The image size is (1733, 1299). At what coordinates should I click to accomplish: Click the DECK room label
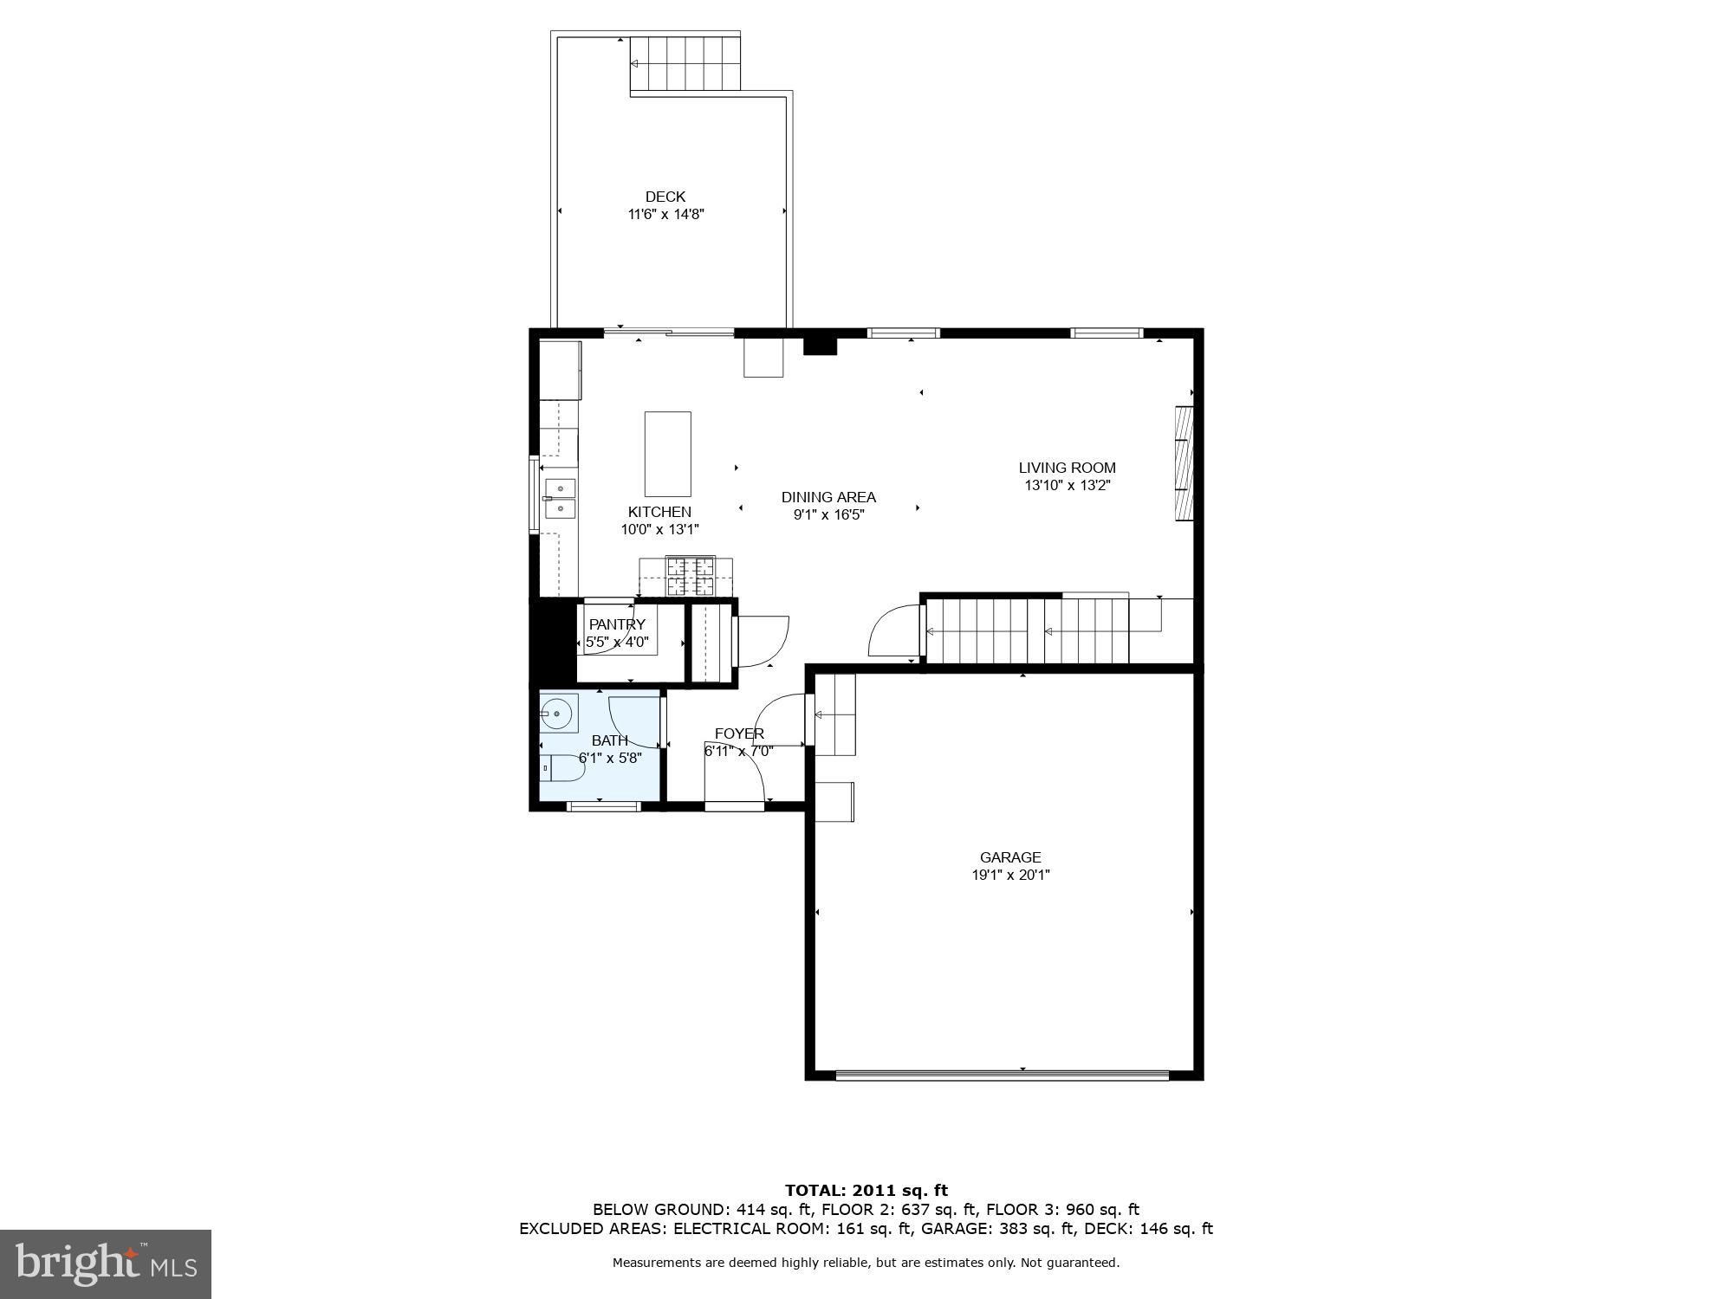[665, 197]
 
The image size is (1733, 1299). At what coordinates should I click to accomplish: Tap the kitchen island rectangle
[667, 454]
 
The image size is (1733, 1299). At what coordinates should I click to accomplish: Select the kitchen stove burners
[691, 576]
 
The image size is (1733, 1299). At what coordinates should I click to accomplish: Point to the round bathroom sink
[556, 714]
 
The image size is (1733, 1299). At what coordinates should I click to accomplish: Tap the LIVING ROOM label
[1067, 468]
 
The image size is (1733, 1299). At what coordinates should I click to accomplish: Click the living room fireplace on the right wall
[1184, 463]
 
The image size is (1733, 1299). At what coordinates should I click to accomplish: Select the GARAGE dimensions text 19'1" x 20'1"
[1010, 875]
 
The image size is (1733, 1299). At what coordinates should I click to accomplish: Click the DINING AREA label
[828, 497]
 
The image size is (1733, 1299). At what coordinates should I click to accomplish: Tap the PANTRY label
[617, 624]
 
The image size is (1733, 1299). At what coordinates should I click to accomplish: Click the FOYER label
[739, 734]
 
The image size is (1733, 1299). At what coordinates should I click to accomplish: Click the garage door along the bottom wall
[1002, 1075]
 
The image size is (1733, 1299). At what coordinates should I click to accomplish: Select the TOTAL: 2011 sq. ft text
[866, 1191]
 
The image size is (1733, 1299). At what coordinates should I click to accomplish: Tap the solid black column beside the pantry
[553, 643]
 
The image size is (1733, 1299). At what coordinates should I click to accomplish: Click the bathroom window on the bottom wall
[603, 806]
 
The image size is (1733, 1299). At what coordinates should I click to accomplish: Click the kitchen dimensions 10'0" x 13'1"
[659, 529]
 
